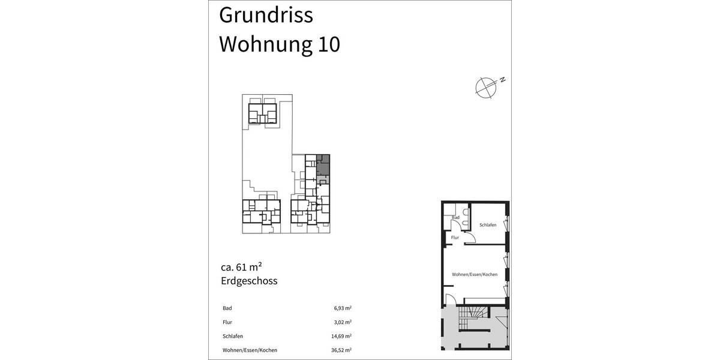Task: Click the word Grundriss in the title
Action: [x=266, y=16]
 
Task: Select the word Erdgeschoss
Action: [x=248, y=281]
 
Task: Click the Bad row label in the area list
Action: [x=227, y=308]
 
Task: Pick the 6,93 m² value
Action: [x=343, y=308]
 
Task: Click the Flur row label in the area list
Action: [x=227, y=322]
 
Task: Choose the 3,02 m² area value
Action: [x=343, y=322]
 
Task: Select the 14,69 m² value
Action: [x=342, y=336]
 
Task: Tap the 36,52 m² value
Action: [x=342, y=350]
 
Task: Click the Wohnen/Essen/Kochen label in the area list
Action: [x=250, y=350]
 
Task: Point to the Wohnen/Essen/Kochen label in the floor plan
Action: [x=475, y=274]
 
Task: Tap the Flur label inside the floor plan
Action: [x=455, y=238]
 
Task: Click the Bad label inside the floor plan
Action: [x=456, y=217]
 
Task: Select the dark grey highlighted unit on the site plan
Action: [x=323, y=165]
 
